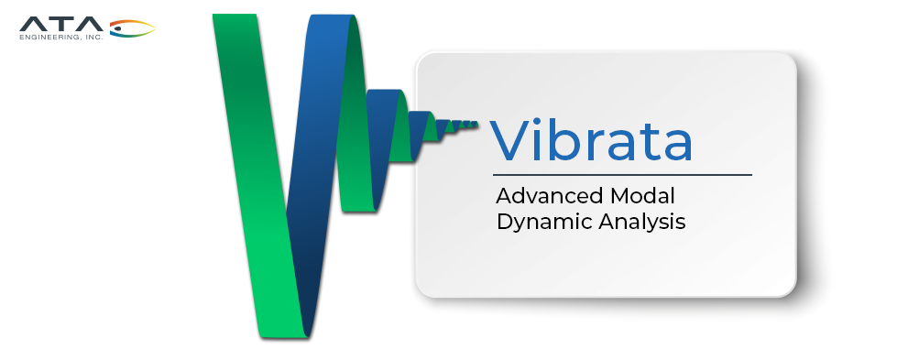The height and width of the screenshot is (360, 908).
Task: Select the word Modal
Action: click(x=642, y=196)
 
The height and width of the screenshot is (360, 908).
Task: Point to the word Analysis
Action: click(x=642, y=223)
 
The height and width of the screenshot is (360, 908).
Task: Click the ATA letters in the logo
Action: click(x=61, y=24)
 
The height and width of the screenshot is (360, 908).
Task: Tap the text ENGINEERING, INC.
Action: click(x=61, y=37)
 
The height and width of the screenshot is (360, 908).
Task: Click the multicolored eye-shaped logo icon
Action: click(x=133, y=27)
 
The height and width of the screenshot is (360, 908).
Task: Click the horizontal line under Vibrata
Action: click(x=622, y=174)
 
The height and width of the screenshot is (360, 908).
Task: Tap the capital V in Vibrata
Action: click(x=513, y=141)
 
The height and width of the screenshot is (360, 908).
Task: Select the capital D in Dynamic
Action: click(x=506, y=221)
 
